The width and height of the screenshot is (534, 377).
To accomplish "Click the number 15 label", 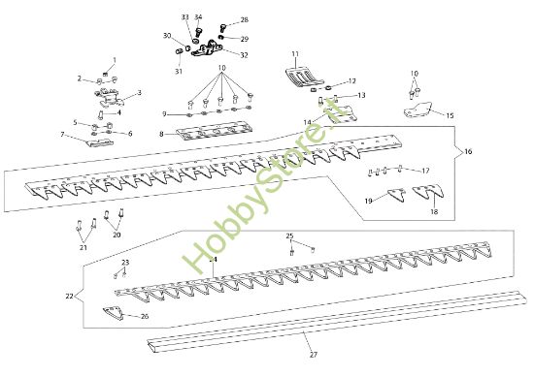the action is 450,115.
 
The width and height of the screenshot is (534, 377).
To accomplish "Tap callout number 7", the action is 61,135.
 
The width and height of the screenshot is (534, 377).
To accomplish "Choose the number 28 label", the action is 244,19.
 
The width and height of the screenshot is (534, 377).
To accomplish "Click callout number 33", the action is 185,17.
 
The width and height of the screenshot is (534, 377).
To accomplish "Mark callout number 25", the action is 288,236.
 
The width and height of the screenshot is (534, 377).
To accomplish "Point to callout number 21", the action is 83,248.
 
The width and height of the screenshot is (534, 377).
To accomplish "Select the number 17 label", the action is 424,171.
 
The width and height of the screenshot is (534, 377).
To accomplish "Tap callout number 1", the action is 113,60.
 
